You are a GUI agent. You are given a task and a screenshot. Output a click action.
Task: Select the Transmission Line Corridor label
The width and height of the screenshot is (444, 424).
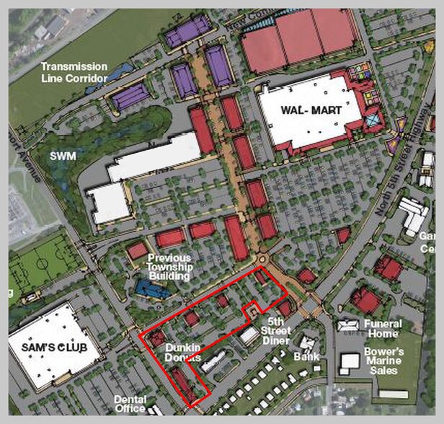pyautogui.click(x=74, y=71)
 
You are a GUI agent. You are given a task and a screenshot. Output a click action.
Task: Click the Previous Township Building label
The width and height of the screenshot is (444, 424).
pyautogui.click(x=169, y=267)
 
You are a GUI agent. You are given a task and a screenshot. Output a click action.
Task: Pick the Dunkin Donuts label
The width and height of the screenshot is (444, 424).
pyautogui.click(x=182, y=353)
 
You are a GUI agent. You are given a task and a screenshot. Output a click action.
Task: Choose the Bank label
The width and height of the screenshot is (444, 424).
pyautogui.click(x=306, y=356)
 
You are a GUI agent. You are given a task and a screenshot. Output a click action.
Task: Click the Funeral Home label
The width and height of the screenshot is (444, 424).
pyautogui.click(x=383, y=329)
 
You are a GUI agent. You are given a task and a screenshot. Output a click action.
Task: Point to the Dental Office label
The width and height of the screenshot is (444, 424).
pyautogui.click(x=130, y=404)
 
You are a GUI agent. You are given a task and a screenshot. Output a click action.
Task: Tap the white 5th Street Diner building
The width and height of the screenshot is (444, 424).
pyautogui.click(x=249, y=335)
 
